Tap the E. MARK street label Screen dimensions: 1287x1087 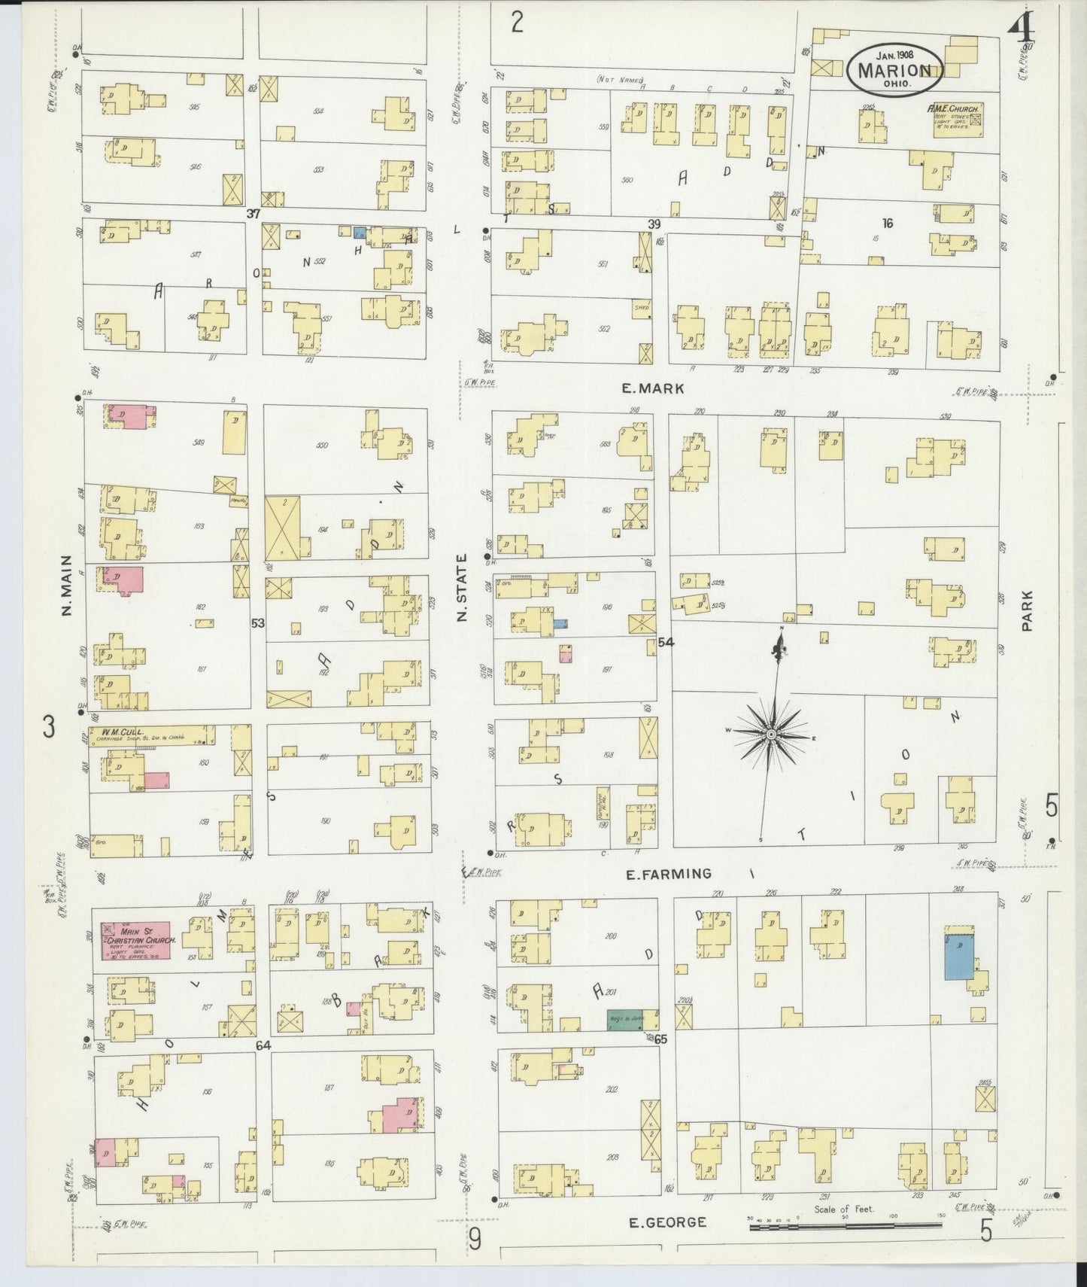[652, 388]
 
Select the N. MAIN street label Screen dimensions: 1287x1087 [66, 586]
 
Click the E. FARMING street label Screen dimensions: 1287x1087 [668, 874]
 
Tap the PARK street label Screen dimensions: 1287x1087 [1027, 610]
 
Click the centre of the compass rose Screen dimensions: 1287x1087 [772, 733]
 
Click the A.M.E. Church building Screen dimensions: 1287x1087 [953, 120]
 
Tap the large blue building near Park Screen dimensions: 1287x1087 [958, 957]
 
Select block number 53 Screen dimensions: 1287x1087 [258, 622]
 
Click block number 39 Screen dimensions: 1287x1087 [654, 224]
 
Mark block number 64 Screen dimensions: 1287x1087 [263, 1045]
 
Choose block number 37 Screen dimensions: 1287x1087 [254, 214]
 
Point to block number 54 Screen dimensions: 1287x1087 [666, 642]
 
